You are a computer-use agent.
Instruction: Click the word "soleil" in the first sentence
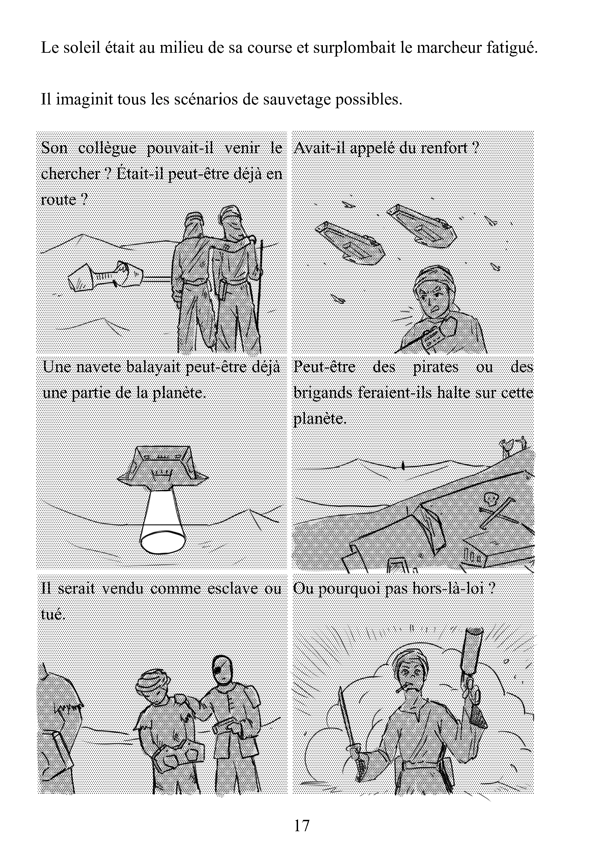[79, 48]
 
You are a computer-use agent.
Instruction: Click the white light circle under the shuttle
[163, 543]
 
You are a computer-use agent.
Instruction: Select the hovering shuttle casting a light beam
[162, 467]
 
